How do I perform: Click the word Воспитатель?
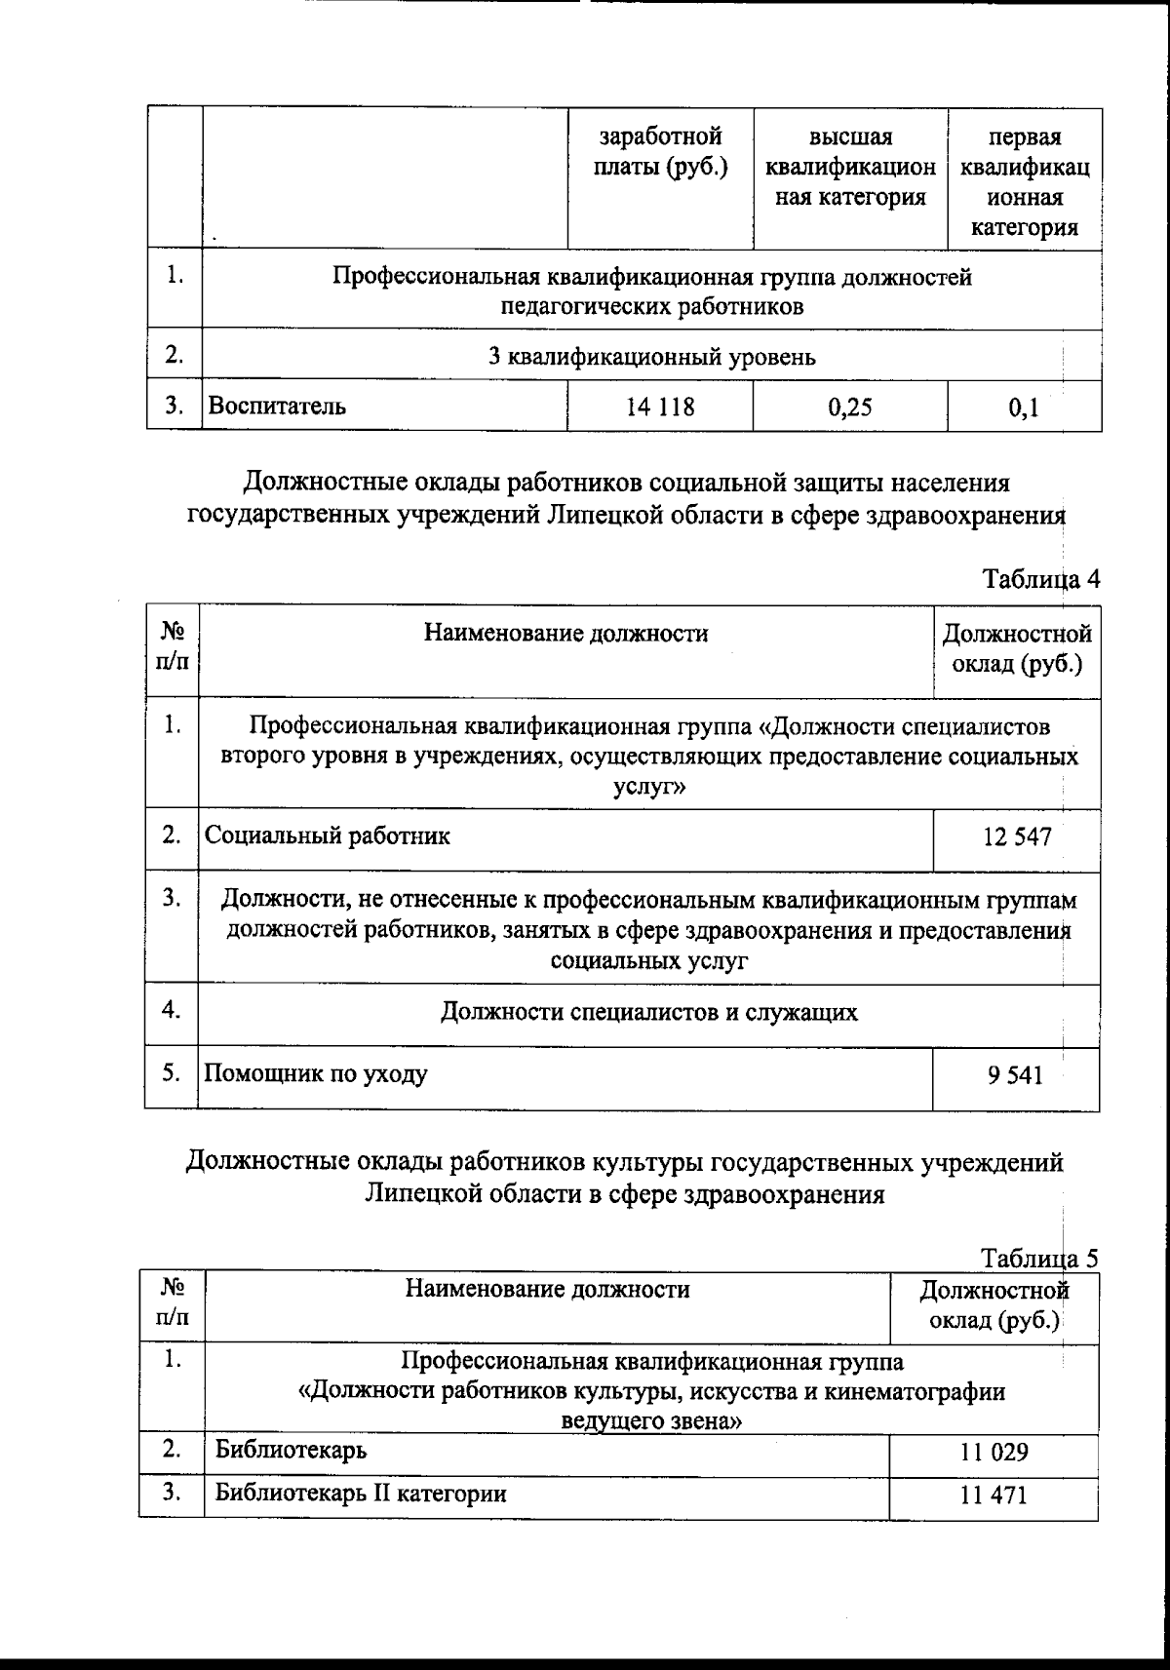tap(278, 407)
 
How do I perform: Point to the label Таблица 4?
tap(1041, 578)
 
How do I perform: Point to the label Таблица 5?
tap(1039, 1258)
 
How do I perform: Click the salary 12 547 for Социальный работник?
tap(1017, 836)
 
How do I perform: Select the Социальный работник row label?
tap(328, 835)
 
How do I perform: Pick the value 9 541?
tap(1014, 1076)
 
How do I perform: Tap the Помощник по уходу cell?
tap(316, 1075)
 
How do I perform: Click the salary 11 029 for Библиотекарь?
tap(994, 1454)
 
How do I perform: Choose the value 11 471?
tap(994, 1495)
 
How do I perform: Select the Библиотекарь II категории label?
tap(361, 1494)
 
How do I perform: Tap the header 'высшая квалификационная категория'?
tap(850, 168)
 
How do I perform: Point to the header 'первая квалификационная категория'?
tap(1025, 182)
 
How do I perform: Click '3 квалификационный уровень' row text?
tap(651, 357)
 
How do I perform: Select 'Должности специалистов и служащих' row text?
tap(649, 1012)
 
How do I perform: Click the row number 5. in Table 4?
tap(172, 1073)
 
